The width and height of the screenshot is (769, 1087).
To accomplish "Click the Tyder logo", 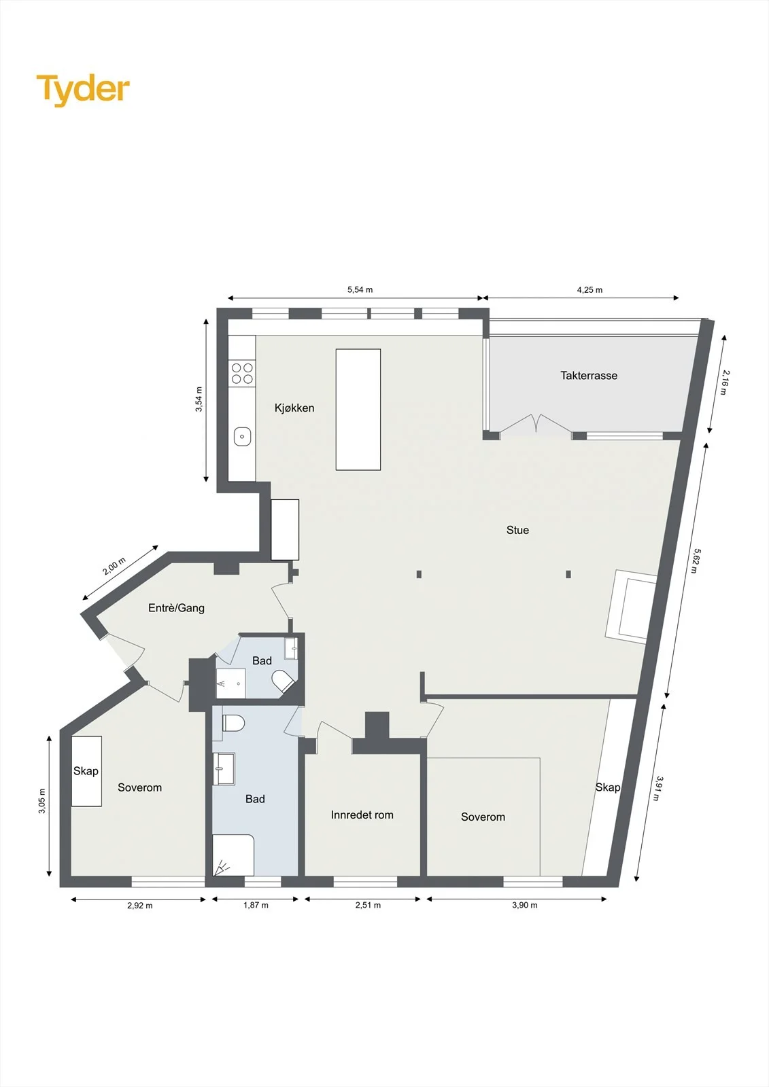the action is (83, 90).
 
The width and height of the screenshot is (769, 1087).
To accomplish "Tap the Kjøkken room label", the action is (294, 408).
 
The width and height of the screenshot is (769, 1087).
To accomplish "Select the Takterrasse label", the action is (589, 376).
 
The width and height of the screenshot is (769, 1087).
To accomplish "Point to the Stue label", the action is (517, 530).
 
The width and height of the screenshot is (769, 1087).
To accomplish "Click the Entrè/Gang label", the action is (176, 607).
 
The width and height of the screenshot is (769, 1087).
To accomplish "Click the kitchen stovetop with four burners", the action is (242, 373).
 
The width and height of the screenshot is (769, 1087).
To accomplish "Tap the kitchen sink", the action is (242, 436).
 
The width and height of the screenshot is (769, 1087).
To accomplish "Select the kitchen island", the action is (358, 410).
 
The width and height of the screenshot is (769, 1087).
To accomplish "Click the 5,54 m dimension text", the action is (360, 289).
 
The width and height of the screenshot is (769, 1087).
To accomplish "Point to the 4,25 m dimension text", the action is (589, 289).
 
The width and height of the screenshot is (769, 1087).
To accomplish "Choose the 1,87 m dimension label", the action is (256, 905).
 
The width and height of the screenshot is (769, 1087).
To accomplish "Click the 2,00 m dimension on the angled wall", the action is (114, 566).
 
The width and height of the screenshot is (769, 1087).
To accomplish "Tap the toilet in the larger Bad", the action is (233, 723).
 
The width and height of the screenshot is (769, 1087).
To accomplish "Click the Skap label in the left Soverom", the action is (86, 770).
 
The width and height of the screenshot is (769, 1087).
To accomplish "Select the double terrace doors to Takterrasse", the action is (536, 424).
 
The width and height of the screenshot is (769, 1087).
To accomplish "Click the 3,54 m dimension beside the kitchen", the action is (199, 399).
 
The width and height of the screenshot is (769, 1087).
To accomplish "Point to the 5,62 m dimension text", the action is (696, 560).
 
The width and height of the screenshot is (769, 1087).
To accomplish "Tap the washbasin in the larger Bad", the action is (224, 768).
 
